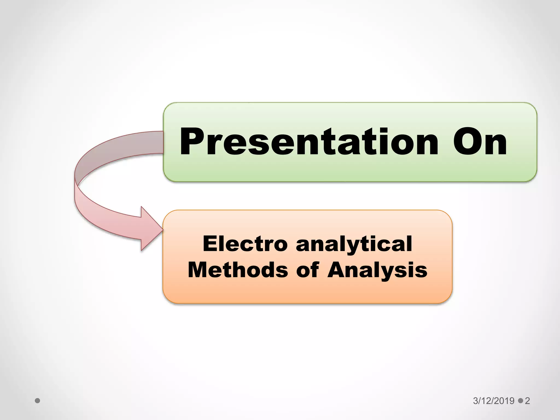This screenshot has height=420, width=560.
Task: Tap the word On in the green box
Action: [x=480, y=142]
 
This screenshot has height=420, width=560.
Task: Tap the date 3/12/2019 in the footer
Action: [x=494, y=401]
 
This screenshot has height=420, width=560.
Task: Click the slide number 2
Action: [x=527, y=401]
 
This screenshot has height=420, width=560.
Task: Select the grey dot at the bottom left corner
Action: [x=38, y=401]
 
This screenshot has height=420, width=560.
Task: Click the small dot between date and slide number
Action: [x=520, y=401]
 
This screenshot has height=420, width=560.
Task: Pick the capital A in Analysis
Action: [x=337, y=270]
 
